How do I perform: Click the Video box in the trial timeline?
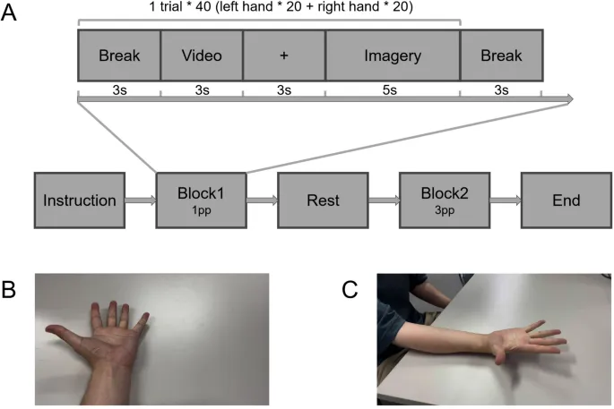click(x=202, y=56)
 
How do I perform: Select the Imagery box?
click(x=392, y=56)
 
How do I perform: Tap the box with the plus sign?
click(x=284, y=56)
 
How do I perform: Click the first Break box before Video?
click(x=119, y=56)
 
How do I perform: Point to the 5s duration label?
click(x=392, y=89)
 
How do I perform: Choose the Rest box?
click(x=322, y=200)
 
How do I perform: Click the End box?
click(x=566, y=200)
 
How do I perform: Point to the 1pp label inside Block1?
click(x=201, y=212)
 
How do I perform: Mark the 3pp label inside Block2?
click(x=444, y=212)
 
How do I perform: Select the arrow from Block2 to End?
click(x=504, y=200)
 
